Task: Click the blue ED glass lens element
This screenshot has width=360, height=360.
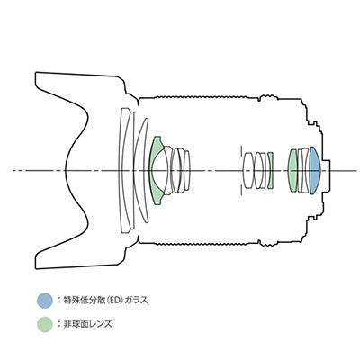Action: (314, 170)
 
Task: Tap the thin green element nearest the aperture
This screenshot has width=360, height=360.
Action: (270, 170)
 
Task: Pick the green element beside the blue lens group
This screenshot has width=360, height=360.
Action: (292, 170)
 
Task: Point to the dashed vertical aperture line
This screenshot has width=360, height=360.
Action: (240, 170)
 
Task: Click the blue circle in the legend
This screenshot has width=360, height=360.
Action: (45, 301)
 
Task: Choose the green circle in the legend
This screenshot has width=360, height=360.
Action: (45, 324)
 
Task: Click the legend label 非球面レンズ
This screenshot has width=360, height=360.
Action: (87, 324)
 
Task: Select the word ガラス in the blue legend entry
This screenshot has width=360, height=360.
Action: (137, 300)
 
